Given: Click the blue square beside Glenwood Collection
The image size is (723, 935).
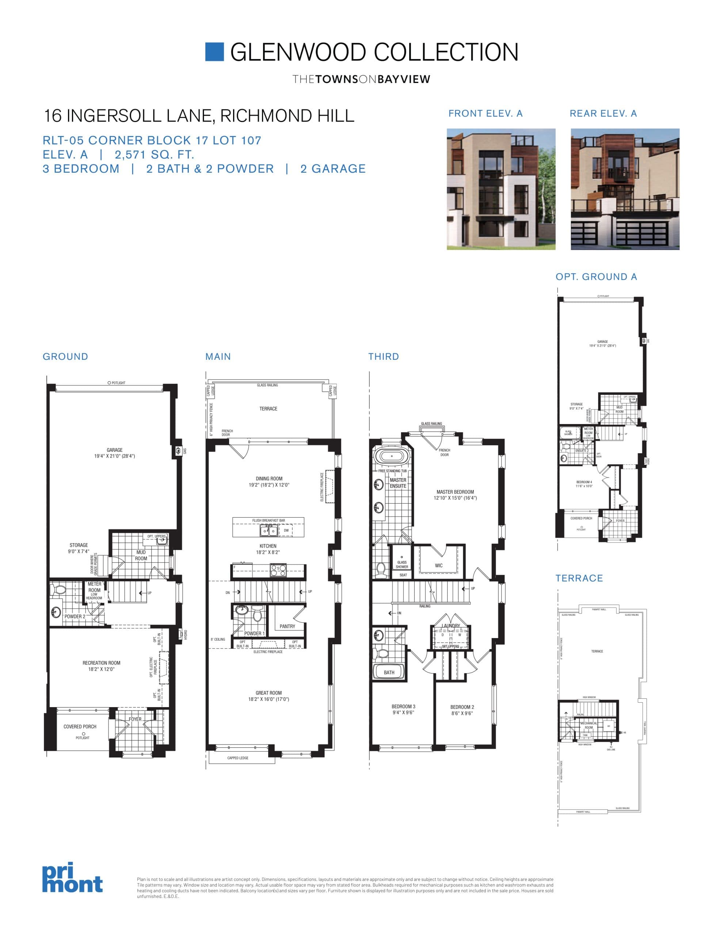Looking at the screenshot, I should [214, 52].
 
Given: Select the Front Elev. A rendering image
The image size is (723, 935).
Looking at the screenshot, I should [501, 189].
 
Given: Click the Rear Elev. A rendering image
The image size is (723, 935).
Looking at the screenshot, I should [625, 189].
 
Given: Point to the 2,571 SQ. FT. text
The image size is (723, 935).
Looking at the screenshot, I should [154, 154].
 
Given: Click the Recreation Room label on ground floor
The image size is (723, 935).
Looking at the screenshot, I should [102, 663].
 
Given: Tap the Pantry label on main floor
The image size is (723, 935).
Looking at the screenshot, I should [287, 626].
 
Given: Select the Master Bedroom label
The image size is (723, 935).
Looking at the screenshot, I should [455, 492].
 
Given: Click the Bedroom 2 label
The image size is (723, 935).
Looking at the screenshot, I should [462, 707].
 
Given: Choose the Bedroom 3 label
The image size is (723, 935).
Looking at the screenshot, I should [403, 706].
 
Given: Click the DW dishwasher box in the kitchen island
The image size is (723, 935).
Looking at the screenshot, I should [286, 530].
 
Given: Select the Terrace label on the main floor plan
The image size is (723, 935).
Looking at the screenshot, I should [268, 409].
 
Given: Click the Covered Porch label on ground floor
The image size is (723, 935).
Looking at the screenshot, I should [80, 726].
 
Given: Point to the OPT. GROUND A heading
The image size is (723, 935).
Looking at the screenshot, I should [596, 277].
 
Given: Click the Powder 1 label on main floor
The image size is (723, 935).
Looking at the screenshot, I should [254, 633].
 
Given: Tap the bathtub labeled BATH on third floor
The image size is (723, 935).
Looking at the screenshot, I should [388, 672].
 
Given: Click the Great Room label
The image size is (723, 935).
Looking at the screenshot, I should [269, 693].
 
